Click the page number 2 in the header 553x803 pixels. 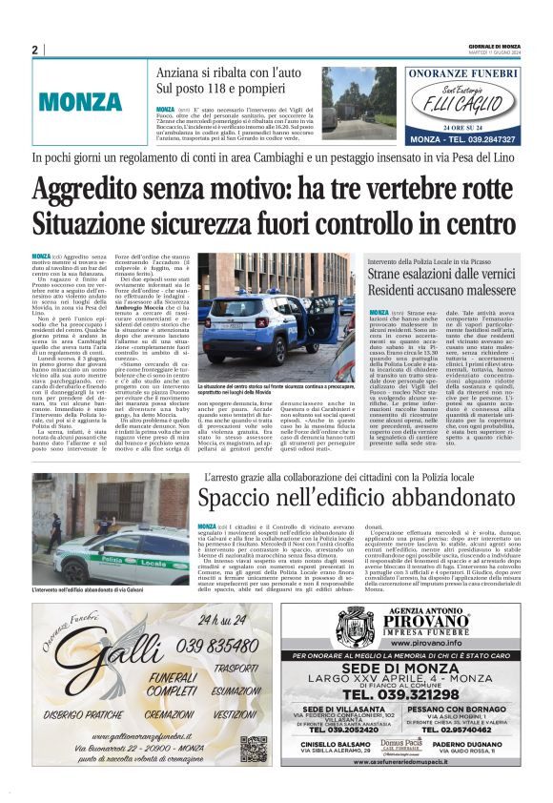[x=34, y=50]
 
